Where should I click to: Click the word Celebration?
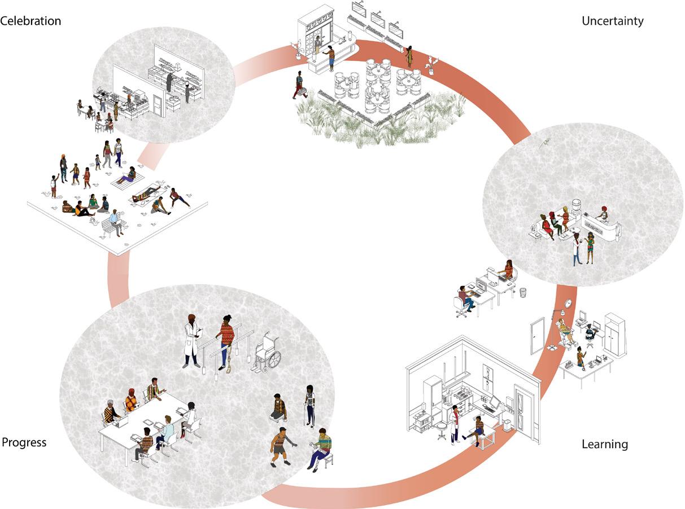(x=30, y=21)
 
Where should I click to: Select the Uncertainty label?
(x=612, y=21)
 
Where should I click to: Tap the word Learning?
(x=604, y=445)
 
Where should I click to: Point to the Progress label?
(x=24, y=442)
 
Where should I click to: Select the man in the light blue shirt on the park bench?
(x=116, y=221)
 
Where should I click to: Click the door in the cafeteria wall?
(x=158, y=105)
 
